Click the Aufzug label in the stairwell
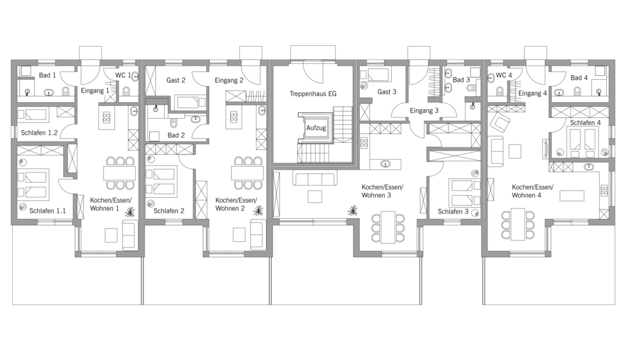pos(316,128)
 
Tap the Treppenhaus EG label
pos(313,94)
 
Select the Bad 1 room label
pos(47,75)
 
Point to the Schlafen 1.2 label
pos(39,133)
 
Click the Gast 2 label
pos(176,80)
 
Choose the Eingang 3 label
pos(424,111)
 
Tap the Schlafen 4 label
pos(585,123)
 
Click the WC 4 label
pos(504,75)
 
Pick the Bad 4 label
pos(579,78)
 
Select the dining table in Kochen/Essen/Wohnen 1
pos(120,173)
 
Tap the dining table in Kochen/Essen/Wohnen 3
pos(388,227)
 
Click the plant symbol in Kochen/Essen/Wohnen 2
pos(258,211)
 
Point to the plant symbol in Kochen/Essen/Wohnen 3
pos(353,211)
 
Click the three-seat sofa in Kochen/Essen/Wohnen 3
pos(315,179)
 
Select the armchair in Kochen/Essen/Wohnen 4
pos(500,121)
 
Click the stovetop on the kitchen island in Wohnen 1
pos(107,117)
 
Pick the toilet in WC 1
pos(126,91)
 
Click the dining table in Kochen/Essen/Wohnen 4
pos(518,225)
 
